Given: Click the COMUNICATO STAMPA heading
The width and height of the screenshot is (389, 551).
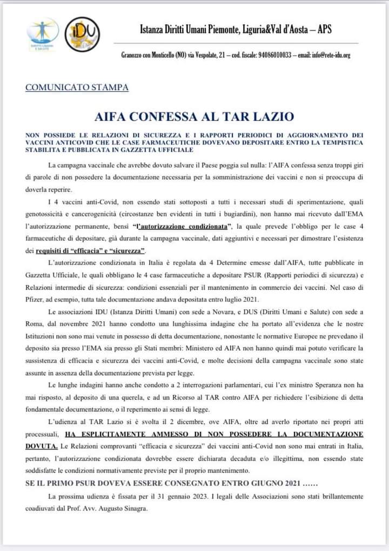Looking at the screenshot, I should click(77, 87).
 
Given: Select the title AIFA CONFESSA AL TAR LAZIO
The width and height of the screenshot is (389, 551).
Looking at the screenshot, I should click(194, 116).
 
